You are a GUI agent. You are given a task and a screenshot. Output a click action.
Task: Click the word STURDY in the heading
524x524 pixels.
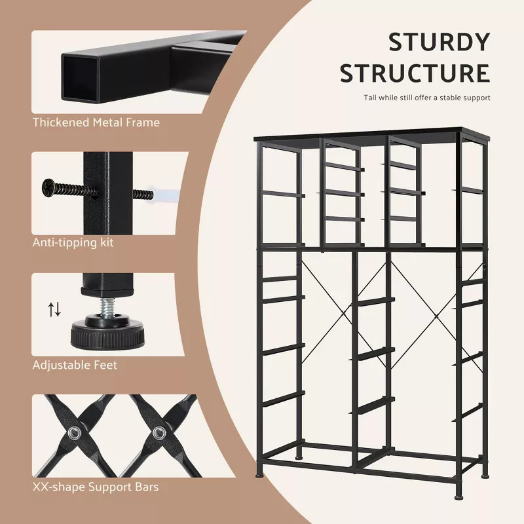439,42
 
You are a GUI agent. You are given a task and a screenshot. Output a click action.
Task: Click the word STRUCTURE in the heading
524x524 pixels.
415,73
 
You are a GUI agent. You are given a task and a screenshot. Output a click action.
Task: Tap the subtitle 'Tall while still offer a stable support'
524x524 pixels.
427,98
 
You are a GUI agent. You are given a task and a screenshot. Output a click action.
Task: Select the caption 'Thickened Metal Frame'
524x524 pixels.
96,122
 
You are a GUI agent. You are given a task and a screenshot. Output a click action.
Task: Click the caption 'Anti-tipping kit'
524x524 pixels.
73,242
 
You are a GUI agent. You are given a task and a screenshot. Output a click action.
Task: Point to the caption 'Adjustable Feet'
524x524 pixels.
75,365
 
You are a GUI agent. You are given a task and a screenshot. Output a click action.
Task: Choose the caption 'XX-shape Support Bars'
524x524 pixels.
96,487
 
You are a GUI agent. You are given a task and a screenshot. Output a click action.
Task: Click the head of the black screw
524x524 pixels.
48,187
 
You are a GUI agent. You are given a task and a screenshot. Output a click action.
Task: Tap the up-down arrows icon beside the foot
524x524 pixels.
54,309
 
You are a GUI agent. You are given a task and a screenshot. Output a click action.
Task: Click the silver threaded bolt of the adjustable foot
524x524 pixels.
107,307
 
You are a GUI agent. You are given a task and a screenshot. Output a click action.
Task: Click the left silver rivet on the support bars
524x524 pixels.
73,434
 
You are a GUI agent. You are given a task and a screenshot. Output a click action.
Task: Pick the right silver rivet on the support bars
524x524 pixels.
159,434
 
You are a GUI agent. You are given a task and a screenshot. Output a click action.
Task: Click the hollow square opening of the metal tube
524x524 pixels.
81,79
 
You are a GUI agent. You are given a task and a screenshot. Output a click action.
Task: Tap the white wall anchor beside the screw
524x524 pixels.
165,195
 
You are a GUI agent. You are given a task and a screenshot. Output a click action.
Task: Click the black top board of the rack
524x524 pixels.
372,134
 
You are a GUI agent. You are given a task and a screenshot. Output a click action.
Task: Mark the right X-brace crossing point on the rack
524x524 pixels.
436,316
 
